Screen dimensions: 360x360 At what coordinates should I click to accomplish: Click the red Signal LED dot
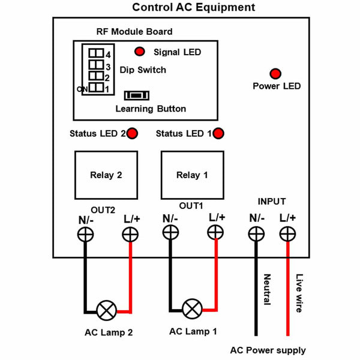pyautogui.click(x=139, y=52)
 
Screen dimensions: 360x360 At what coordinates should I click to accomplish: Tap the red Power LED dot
pyautogui.click(x=275, y=74)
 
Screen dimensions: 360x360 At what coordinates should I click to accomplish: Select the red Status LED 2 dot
pyautogui.click(x=131, y=133)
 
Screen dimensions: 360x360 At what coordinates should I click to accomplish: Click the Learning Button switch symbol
pyautogui.click(x=137, y=95)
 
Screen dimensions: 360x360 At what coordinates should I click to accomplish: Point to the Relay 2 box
pyautogui.click(x=106, y=175)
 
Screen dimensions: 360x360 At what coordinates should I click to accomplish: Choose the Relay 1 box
pyautogui.click(x=192, y=175)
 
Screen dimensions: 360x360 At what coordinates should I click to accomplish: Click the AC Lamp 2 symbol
pyautogui.click(x=108, y=311)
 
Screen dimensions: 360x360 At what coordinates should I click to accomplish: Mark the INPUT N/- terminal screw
pyautogui.click(x=257, y=233)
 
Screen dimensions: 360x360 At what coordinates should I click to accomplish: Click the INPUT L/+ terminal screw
pyautogui.click(x=287, y=233)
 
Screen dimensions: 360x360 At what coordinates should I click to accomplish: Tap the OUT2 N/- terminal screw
pyautogui.click(x=85, y=234)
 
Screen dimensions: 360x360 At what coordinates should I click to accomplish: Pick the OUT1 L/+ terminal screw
pyautogui.click(x=216, y=234)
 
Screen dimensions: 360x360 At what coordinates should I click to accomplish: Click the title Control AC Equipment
pyautogui.click(x=193, y=8)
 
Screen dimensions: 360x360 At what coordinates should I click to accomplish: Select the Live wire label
pyautogui.click(x=299, y=293)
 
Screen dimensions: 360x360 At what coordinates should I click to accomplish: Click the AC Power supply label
pyautogui.click(x=268, y=350)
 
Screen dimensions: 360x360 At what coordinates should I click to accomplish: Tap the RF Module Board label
pyautogui.click(x=134, y=32)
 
